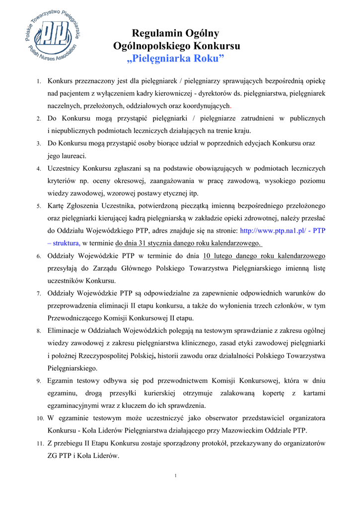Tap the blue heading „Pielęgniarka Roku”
point(176,59)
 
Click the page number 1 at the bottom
point(176,476)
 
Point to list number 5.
point(38,206)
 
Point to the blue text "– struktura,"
point(64,244)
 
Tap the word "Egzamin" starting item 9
point(62,381)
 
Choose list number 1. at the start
point(38,81)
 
